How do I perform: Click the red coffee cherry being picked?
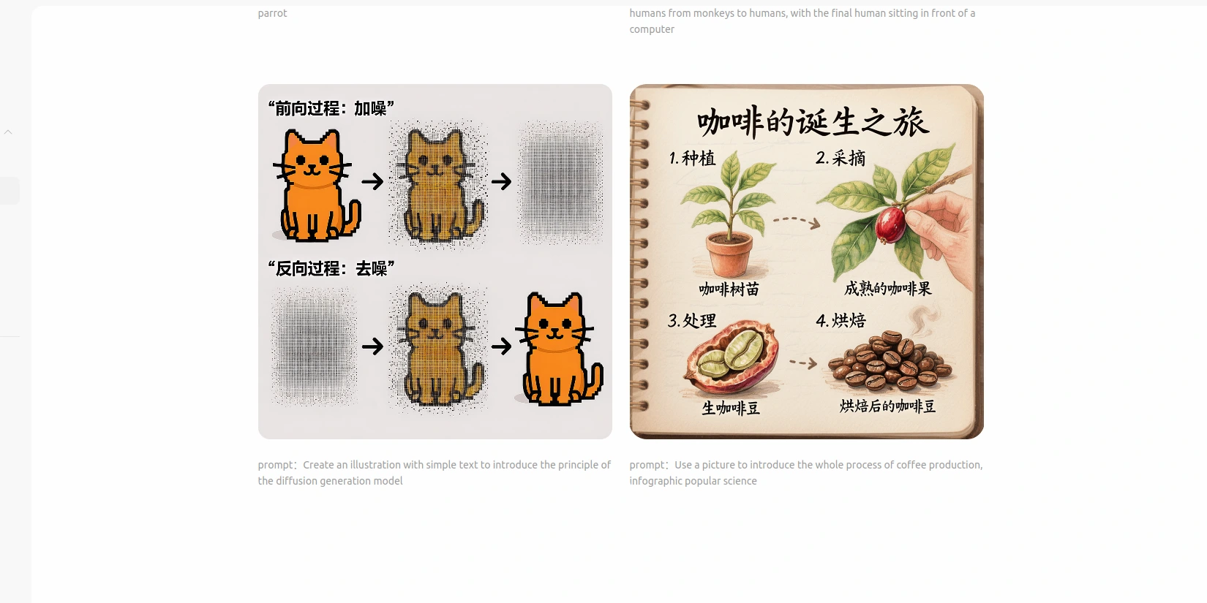click(890, 224)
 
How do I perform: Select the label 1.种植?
click(693, 158)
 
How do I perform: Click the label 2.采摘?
click(840, 158)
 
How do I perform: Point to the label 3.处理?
click(692, 321)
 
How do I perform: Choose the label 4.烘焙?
click(841, 321)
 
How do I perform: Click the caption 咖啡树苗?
click(729, 289)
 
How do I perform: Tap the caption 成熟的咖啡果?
click(887, 289)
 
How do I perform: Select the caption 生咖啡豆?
click(731, 408)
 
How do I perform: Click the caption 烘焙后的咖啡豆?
click(887, 406)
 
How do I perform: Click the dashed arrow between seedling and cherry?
click(797, 221)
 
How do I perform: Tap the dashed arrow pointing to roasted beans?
click(803, 363)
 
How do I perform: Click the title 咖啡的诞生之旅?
click(813, 121)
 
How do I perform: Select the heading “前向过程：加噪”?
click(331, 108)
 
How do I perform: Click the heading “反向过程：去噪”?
click(331, 268)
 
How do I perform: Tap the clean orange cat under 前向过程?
click(316, 185)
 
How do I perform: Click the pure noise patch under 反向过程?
click(314, 346)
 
